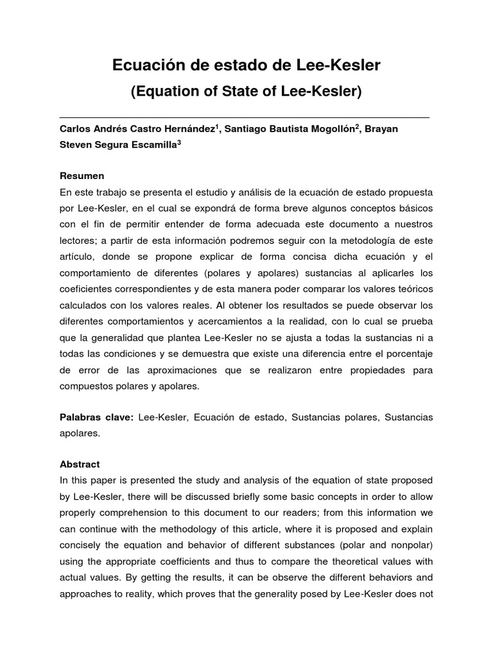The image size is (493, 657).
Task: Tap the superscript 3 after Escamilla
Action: point(179,142)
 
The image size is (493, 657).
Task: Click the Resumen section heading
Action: point(82,176)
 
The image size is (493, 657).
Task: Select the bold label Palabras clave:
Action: point(96,418)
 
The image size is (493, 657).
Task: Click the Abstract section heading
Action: point(80,464)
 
